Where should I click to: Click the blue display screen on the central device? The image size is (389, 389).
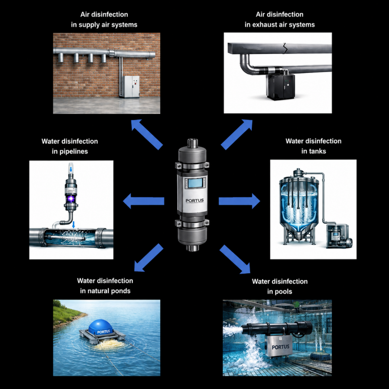[195, 183]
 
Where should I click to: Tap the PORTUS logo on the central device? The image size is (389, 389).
[195, 200]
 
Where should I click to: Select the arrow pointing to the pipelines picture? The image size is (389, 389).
[143, 201]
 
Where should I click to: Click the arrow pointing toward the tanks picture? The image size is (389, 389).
[239, 201]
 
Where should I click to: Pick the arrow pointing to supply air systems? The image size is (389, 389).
[147, 134]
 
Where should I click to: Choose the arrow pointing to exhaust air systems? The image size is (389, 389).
[237, 135]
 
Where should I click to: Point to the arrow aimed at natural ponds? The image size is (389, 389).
[148, 258]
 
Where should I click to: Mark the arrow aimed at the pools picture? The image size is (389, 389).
[235, 259]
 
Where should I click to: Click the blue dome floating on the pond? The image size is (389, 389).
[101, 327]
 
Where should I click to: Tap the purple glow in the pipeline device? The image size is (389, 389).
[71, 198]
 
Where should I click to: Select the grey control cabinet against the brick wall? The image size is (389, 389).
[131, 87]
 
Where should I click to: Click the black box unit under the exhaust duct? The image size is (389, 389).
[281, 87]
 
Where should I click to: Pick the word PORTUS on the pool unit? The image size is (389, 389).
[281, 347]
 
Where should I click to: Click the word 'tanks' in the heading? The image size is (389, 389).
[314, 151]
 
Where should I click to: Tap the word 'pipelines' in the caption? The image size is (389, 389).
[73, 151]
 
